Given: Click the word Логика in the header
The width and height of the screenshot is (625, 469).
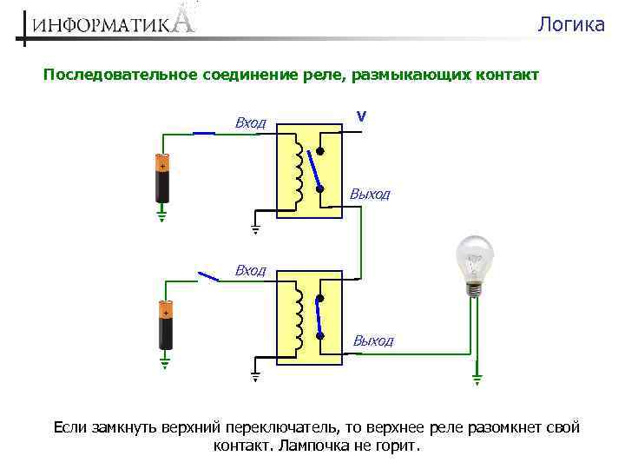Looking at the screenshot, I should [570, 24].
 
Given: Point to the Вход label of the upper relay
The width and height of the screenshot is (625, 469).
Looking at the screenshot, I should [250, 123].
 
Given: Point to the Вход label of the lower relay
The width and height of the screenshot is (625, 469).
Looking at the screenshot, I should [250, 271].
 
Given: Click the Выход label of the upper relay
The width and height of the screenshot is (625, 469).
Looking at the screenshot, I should [370, 195].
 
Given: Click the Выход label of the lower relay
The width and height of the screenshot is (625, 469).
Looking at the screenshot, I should [372, 341].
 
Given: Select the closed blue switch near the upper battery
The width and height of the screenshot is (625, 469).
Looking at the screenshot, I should [203, 133].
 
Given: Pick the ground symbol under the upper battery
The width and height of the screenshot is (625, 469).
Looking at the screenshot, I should [161, 214].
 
